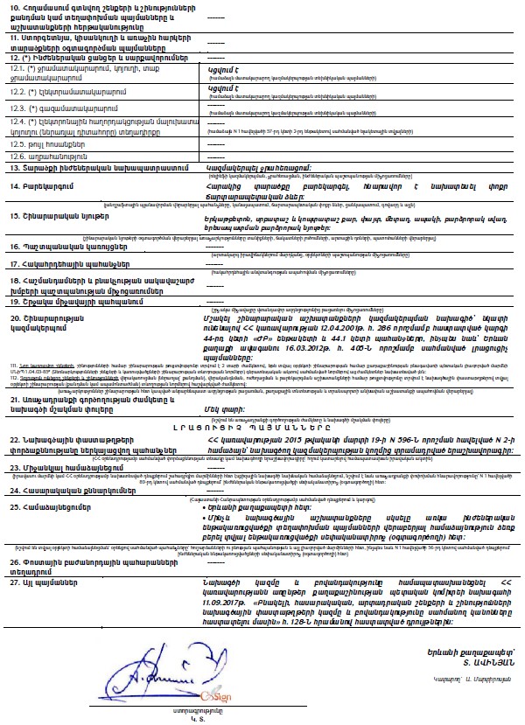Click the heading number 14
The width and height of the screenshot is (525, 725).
[x=15, y=186]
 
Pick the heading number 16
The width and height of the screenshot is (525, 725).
[x=15, y=247]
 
